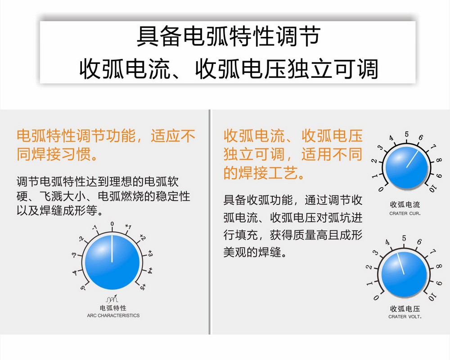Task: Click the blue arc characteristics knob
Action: (x=112, y=262)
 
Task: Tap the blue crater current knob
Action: (x=406, y=167)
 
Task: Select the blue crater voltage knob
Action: (x=404, y=274)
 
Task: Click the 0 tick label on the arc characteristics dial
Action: (x=112, y=224)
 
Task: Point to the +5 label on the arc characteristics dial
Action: (x=143, y=286)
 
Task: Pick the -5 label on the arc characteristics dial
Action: (x=83, y=287)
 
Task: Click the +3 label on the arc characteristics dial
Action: (x=150, y=253)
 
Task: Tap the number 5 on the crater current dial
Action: (x=407, y=134)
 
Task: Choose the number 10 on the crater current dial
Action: (x=432, y=189)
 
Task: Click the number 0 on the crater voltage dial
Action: (x=376, y=297)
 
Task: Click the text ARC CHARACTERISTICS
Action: (x=113, y=315)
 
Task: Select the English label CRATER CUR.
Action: (x=405, y=213)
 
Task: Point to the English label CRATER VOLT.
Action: (x=405, y=317)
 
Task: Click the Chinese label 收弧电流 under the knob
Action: (x=405, y=205)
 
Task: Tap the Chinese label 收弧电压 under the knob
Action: (x=405, y=309)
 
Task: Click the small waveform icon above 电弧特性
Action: (x=112, y=299)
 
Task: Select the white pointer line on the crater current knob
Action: (x=412, y=159)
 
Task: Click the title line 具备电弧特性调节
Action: (x=229, y=36)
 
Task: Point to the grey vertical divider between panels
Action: (x=210, y=222)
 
